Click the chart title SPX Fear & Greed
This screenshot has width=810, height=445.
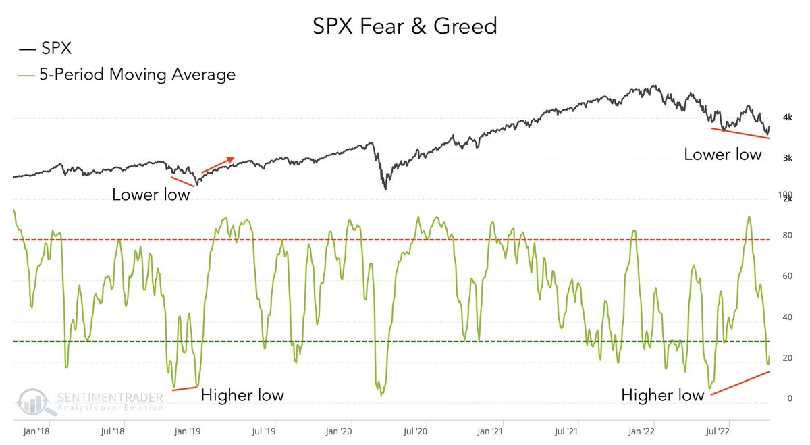tap(405, 26)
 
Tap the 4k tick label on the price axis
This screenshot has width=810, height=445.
tap(787, 117)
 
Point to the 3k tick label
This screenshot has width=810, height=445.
tap(787, 158)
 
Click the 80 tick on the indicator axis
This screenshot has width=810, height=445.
tap(785, 236)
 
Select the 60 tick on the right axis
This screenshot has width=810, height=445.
tap(785, 276)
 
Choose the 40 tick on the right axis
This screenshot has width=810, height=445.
tap(785, 317)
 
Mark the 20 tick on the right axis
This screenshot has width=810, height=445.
tap(785, 358)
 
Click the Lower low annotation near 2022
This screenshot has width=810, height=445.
tap(722, 154)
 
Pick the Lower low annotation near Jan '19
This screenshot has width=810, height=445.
tap(151, 194)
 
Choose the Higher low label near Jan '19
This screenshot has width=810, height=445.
tap(242, 394)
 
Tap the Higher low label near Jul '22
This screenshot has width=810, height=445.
tap(662, 395)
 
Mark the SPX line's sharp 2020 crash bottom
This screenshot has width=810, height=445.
tap(385, 188)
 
